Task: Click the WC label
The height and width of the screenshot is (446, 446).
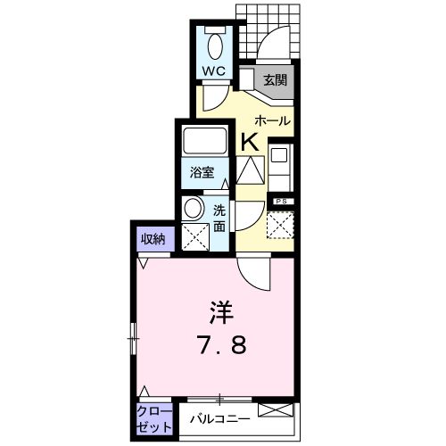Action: coord(212,68)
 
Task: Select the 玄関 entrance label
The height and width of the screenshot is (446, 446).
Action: coord(274,80)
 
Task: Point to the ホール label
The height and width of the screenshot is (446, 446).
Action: coord(272,120)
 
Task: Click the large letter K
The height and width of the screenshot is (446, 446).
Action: coord(249,140)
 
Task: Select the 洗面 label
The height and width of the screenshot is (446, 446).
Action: coord(219,219)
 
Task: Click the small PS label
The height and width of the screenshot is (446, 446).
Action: coord(281,202)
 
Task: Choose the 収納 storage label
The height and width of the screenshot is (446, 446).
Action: coord(153,238)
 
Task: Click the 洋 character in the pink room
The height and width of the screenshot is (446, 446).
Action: coord(221,312)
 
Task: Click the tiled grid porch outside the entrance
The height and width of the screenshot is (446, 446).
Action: coord(285,27)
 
